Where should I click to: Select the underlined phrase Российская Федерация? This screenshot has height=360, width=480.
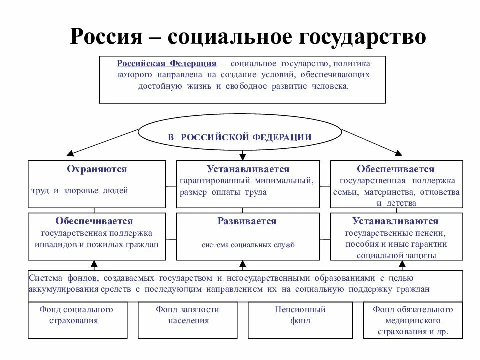click(167, 64)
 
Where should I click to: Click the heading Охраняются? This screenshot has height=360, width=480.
click(97, 169)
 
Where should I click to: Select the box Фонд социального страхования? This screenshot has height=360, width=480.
click(76, 320)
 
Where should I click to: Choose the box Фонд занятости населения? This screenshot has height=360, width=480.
click(187, 320)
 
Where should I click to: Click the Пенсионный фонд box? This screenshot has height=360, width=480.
click(300, 320)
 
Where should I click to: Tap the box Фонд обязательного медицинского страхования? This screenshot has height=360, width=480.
click(413, 320)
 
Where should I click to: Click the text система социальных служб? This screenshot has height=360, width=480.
click(248, 245)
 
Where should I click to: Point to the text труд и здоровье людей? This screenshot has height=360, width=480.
click(80, 190)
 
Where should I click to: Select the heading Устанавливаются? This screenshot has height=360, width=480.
click(395, 221)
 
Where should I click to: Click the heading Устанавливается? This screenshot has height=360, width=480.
click(248, 169)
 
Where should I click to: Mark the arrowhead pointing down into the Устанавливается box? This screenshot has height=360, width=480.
click(243, 157)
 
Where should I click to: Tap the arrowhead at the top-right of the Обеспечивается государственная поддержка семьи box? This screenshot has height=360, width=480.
click(398, 153)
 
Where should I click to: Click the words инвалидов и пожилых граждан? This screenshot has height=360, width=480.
click(97, 245)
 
